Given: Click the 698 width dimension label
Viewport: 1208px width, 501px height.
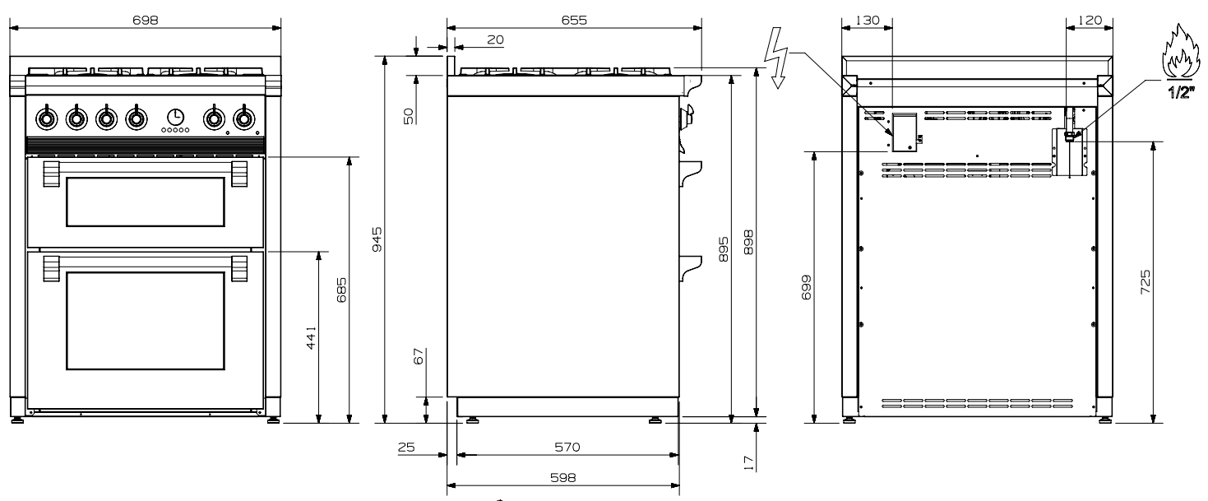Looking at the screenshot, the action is coord(145,20).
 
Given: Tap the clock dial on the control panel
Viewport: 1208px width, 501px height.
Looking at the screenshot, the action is coord(175,117).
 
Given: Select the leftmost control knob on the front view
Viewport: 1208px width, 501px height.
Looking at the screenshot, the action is coord(46,117).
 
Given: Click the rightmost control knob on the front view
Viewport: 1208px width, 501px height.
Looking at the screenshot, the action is coord(244,117).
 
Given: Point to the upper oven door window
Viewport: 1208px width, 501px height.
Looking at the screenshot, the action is coord(145,202).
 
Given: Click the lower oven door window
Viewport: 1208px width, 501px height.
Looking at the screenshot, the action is coord(145,321).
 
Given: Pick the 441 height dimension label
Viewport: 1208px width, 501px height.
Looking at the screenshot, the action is coord(311,338).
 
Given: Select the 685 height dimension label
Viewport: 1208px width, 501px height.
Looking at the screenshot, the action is coord(341,290).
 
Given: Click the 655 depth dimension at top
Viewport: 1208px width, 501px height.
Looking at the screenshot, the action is coord(574,20).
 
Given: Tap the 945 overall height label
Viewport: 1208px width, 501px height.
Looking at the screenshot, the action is coord(377,239).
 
